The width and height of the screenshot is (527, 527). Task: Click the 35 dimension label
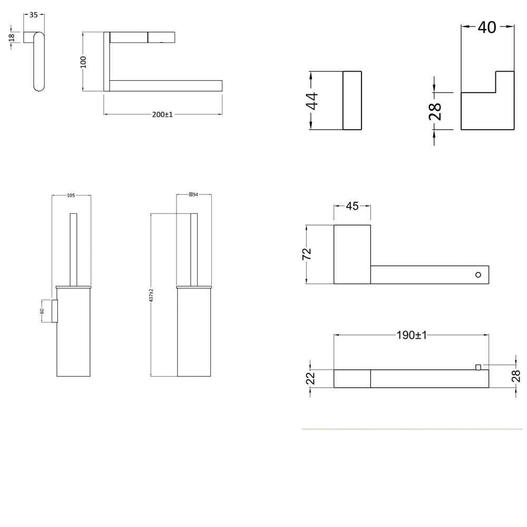34,15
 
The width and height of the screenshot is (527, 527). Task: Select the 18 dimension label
12,39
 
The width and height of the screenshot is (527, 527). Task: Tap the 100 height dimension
83,62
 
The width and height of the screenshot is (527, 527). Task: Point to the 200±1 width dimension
162,114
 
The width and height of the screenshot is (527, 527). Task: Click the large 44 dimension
312,101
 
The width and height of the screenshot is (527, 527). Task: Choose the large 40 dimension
487,27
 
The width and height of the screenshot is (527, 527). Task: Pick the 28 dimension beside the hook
435,111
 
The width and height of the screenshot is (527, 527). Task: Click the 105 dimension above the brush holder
71,196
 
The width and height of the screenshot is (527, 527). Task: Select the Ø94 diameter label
193,195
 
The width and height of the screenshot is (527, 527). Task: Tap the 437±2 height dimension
151,295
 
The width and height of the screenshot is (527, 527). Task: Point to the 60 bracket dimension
42,311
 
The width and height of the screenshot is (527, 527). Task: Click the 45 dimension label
352,206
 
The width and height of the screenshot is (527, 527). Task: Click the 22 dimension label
310,378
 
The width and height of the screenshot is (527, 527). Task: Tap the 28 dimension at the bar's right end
516,375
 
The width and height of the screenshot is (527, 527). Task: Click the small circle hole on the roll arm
478,275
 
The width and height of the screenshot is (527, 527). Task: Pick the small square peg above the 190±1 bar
479,367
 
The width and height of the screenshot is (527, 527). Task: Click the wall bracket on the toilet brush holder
54,310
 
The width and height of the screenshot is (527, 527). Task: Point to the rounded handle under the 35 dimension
38,62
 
